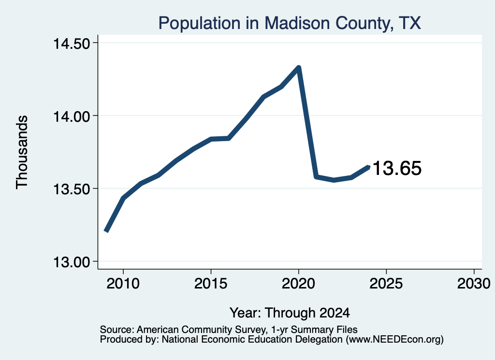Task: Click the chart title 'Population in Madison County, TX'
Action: pos(290,23)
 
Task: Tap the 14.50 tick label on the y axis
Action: pos(72,43)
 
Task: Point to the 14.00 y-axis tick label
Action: pos(72,116)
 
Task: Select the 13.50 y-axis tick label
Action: pos(72,189)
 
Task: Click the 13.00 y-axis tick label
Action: pos(72,262)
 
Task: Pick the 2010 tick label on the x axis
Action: pos(123,283)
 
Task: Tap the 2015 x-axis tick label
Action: pos(211,283)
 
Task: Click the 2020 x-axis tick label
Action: pos(298,283)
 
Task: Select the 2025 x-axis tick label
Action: pos(386,283)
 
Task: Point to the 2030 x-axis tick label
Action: pos(474,283)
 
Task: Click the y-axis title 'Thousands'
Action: pos(22,152)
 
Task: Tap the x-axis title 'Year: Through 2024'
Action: pos(290,313)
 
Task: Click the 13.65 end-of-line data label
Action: pos(397,168)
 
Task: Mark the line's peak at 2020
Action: pos(298,67)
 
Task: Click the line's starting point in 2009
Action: pos(106,231)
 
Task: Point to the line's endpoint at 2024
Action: pos(368,167)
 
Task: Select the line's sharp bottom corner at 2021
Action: pos(316,177)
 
